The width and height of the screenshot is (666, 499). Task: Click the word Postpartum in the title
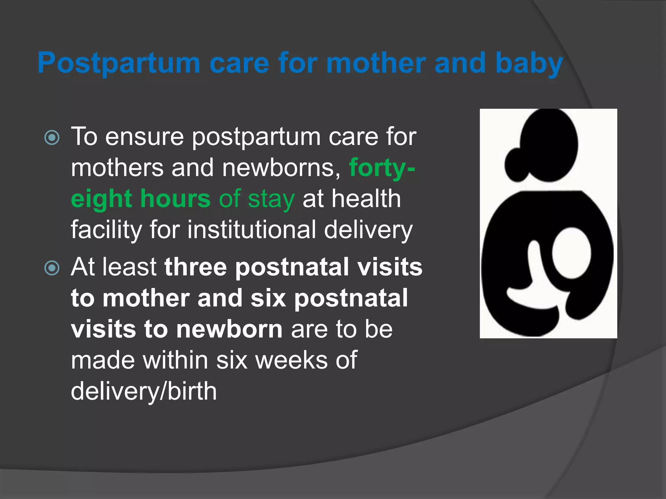(119, 63)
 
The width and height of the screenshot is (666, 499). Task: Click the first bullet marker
(52, 137)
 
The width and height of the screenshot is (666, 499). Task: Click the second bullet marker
(52, 268)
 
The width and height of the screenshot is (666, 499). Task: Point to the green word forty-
(382, 168)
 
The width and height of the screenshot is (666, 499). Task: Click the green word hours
(176, 199)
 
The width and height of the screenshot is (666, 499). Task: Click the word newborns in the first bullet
(281, 168)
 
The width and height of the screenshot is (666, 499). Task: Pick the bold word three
(195, 267)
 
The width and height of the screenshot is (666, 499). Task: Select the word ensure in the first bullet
(144, 137)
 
